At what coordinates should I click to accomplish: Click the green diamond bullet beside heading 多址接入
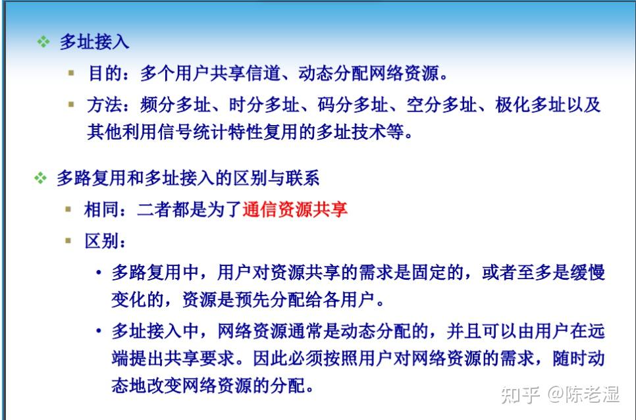pyautogui.click(x=43, y=41)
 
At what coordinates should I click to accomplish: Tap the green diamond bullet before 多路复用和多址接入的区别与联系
pyautogui.click(x=40, y=178)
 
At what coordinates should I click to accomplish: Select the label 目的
pyautogui.click(x=105, y=74)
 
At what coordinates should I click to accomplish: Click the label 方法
pyautogui.click(x=104, y=105)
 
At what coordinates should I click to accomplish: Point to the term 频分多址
pyautogui.click(x=175, y=105)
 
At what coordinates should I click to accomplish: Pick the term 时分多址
pyautogui.click(x=264, y=105)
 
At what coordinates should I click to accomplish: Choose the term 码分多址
pyautogui.click(x=353, y=105)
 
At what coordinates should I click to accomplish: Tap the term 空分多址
pyautogui.click(x=442, y=105)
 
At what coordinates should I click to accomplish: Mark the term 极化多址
pyautogui.click(x=531, y=105)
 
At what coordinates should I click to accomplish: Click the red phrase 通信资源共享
pyautogui.click(x=295, y=209)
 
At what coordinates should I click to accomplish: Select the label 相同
pyautogui.click(x=101, y=209)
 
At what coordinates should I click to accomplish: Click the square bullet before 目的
pyautogui.click(x=71, y=73)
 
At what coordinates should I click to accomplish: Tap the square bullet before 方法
pyautogui.click(x=71, y=105)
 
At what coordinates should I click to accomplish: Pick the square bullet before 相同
pyautogui.click(x=68, y=209)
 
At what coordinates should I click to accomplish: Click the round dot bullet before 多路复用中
pyautogui.click(x=99, y=273)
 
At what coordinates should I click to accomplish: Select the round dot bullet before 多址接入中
pyautogui.click(x=99, y=331)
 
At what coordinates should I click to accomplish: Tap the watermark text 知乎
pyautogui.click(x=520, y=394)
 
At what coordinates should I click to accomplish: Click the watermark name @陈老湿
pyautogui.click(x=584, y=394)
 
